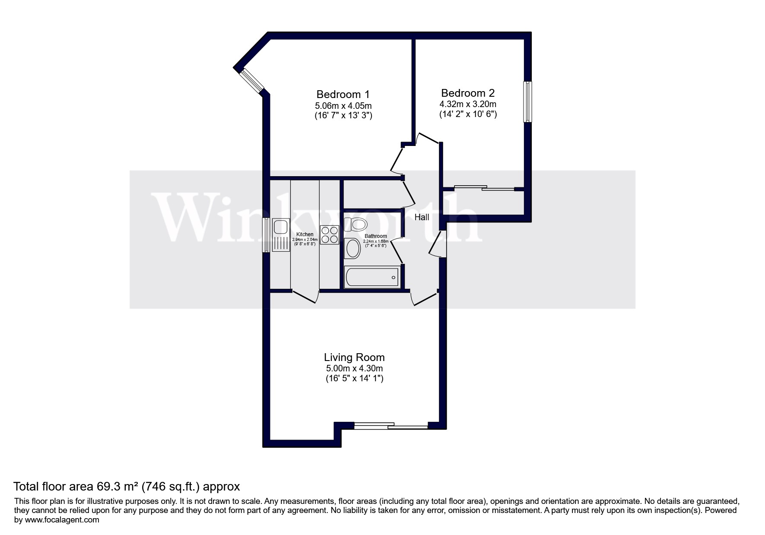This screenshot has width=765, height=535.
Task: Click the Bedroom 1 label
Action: click(x=343, y=94)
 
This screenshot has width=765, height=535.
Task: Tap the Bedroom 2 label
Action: click(x=468, y=93)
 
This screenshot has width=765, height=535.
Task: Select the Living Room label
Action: click(x=354, y=358)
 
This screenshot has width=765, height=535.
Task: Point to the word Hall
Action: click(x=422, y=217)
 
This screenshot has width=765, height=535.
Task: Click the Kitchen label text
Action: click(x=305, y=234)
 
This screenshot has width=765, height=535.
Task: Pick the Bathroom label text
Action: click(x=376, y=236)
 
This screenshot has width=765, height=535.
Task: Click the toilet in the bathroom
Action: click(x=356, y=225)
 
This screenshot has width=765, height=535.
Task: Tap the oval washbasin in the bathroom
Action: click(x=353, y=249)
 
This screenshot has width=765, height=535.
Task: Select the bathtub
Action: click(x=371, y=277)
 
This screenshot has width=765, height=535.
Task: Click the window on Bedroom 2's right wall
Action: click(x=527, y=101)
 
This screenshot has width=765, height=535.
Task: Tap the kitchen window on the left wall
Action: click(x=267, y=234)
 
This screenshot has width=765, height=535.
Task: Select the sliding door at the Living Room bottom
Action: click(x=391, y=426)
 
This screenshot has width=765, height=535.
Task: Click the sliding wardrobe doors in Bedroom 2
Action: click(x=484, y=188)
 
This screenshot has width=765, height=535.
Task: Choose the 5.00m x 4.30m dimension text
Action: click(x=354, y=369)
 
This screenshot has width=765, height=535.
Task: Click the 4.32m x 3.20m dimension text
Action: click(x=468, y=104)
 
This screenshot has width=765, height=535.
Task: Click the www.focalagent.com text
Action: click(x=63, y=520)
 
